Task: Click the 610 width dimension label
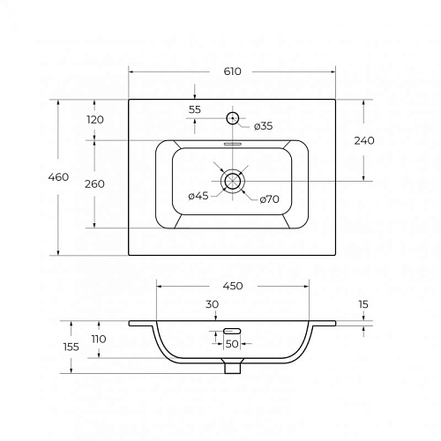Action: (232, 71)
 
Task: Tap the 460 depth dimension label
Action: (58, 177)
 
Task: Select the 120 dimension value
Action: (95, 120)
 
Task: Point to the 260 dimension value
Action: (94, 184)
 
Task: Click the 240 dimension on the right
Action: (364, 141)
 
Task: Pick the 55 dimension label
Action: (195, 109)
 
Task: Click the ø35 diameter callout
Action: (263, 126)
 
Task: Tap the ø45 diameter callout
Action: (198, 196)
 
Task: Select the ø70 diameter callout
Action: (269, 199)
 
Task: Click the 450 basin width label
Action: (233, 286)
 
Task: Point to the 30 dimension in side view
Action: (212, 304)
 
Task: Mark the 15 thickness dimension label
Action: (363, 304)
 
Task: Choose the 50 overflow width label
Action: (232, 344)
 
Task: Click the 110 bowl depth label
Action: (99, 340)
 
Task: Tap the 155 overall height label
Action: (71, 348)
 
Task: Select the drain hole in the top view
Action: (233, 181)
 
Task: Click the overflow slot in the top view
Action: (233, 144)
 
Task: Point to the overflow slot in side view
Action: (232, 331)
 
